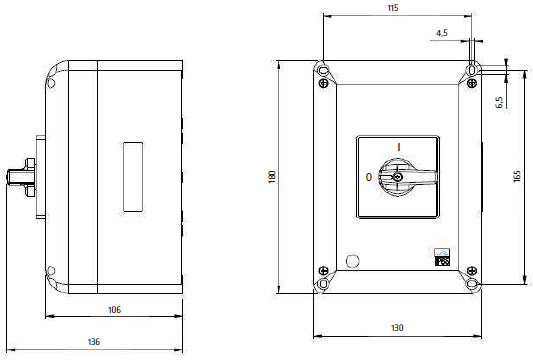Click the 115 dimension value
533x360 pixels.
[393, 8]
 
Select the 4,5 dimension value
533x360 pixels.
[442, 33]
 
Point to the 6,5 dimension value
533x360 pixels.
[499, 102]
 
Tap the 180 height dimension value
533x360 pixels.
[272, 177]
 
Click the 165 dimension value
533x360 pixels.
[517, 176]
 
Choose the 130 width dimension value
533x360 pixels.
[397, 328]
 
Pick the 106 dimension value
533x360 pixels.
[114, 310]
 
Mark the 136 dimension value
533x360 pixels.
[94, 342]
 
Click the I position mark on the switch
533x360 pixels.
[399, 147]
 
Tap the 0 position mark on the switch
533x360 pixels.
[369, 177]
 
